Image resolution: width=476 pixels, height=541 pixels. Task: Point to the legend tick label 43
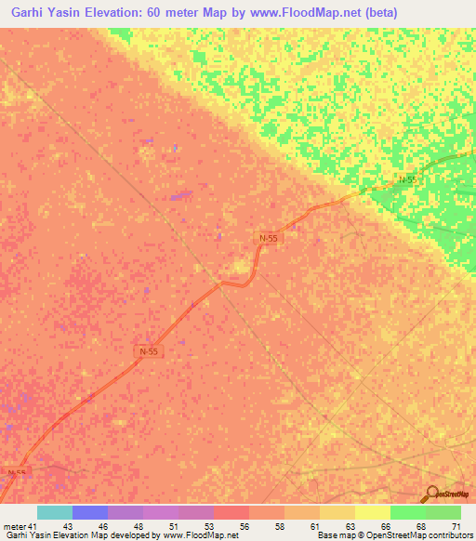click(68, 527)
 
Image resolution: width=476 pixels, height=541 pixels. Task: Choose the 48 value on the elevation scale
click(139, 527)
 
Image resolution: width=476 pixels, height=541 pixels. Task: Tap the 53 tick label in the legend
click(210, 527)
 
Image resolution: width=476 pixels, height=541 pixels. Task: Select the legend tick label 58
click(281, 527)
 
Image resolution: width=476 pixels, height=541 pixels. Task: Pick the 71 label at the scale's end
click(456, 527)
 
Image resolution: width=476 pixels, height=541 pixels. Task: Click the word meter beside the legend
click(14, 527)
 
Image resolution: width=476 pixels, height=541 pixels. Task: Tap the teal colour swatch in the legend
click(55, 512)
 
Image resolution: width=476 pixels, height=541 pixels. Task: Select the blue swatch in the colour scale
click(90, 512)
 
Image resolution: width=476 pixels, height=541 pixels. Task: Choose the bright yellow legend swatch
click(373, 512)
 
